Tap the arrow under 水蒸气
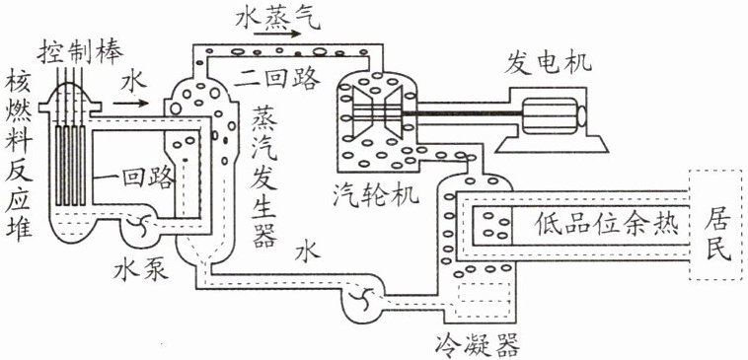[277, 34]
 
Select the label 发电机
[548, 63]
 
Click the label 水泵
[141, 270]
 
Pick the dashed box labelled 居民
[718, 224]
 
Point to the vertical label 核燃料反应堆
[18, 159]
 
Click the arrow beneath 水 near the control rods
[130, 103]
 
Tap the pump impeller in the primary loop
[138, 222]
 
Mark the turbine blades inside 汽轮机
[377, 113]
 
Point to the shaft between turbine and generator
[463, 114]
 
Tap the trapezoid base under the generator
[552, 144]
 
